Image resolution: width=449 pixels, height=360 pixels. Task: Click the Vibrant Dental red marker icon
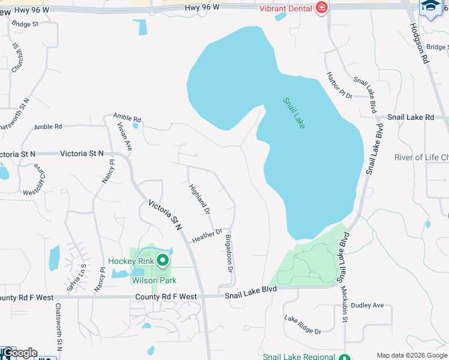coord(322,8)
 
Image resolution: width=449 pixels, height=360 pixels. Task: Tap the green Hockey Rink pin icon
coord(162,260)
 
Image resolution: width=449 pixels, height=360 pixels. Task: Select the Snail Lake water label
coord(294,113)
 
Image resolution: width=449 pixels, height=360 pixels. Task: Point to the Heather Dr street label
coord(207,236)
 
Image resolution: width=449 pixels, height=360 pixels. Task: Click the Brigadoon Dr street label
coord(229,253)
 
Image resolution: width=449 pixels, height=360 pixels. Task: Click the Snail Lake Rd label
coord(411,118)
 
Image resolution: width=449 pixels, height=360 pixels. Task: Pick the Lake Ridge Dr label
coord(303,325)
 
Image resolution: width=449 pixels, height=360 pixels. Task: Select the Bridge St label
coord(25,24)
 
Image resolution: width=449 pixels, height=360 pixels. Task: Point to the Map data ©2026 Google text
coord(411,355)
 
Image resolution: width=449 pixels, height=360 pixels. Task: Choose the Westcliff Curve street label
coord(32,179)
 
